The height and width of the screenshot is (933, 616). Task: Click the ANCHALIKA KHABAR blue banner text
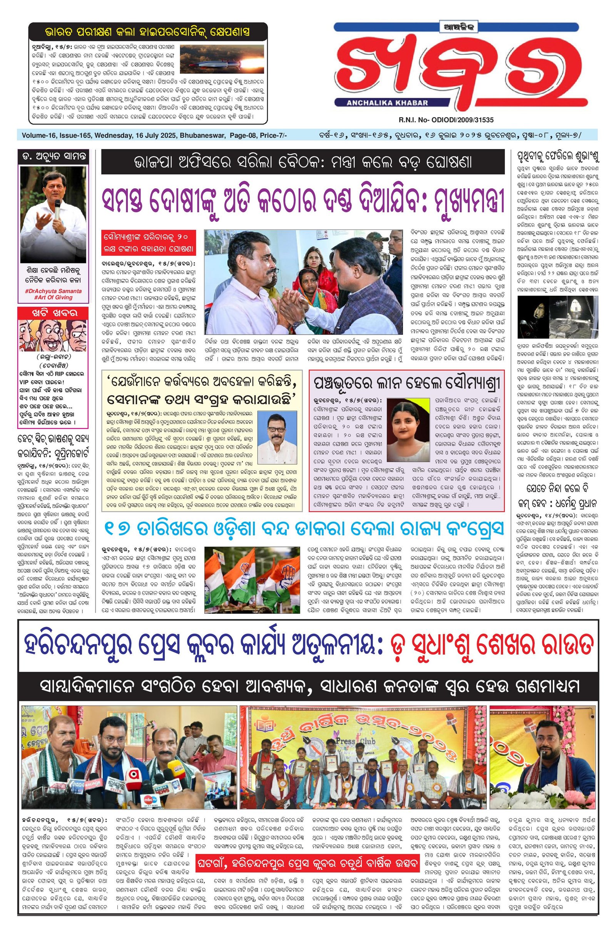(x=387, y=103)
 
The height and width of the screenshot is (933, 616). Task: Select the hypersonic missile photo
(x=222, y=59)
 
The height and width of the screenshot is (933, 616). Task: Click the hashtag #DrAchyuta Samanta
(x=54, y=291)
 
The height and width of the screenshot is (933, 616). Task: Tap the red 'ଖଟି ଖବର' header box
(x=54, y=313)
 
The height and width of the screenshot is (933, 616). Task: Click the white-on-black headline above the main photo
(x=303, y=162)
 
